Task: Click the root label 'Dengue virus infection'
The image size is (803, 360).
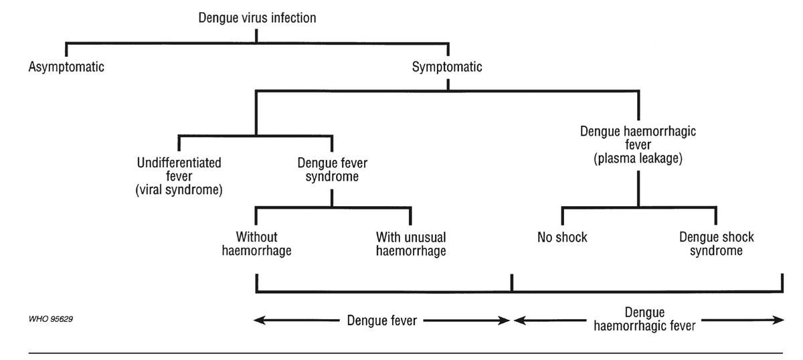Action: click(257, 18)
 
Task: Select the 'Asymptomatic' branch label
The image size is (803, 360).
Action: click(66, 67)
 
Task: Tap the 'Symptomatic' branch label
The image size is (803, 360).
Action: click(447, 67)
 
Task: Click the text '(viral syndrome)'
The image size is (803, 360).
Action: click(179, 189)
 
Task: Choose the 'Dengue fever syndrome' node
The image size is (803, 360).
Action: click(333, 170)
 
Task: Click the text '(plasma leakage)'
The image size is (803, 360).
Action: click(637, 159)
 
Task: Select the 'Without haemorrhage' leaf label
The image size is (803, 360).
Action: click(256, 244)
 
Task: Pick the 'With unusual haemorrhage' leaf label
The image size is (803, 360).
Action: click(411, 244)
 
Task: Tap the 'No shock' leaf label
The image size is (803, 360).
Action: click(562, 238)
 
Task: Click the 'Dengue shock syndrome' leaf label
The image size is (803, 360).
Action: click(716, 244)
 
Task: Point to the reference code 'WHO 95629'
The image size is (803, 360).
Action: click(51, 319)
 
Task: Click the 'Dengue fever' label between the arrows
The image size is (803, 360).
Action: click(381, 321)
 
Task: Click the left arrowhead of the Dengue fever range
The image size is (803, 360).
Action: click(258, 321)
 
